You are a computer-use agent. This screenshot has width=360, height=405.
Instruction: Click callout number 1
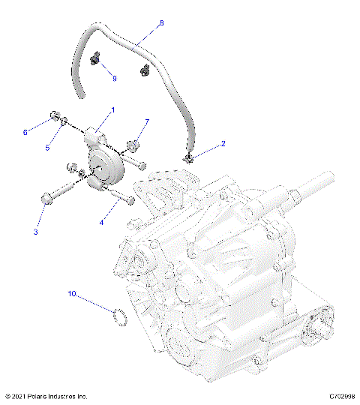click(112, 110)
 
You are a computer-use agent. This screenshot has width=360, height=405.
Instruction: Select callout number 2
click(222, 142)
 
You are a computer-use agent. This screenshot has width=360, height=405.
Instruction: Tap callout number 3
click(35, 232)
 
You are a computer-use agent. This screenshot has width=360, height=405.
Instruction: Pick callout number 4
click(102, 222)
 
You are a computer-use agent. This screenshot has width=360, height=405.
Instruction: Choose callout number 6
click(25, 133)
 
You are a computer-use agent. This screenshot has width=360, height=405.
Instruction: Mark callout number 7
click(147, 121)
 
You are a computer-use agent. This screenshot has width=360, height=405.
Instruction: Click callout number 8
click(160, 23)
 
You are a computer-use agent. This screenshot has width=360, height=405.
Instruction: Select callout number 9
click(114, 78)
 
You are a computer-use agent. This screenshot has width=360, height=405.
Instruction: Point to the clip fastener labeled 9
click(95, 59)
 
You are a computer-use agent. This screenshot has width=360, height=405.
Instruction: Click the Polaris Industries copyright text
click(46, 396)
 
